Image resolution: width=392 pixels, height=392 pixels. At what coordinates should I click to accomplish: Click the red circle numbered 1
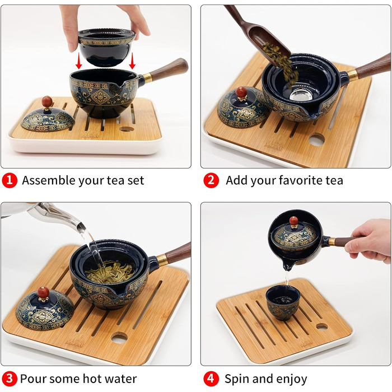[10, 181]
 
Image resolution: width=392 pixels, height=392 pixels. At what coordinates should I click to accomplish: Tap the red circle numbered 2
[211, 181]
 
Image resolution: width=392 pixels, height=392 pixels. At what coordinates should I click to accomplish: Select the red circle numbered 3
[10, 379]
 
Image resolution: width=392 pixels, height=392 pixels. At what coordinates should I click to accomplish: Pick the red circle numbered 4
[211, 379]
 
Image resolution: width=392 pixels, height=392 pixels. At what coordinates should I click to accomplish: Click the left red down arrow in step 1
[79, 60]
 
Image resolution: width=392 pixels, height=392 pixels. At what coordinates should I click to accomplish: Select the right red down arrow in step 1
[132, 60]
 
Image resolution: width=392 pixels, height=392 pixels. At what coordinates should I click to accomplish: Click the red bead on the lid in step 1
[47, 101]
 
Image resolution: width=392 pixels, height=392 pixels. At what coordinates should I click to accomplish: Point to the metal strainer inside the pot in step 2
[301, 94]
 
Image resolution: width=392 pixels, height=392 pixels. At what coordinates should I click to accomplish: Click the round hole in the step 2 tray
[316, 139]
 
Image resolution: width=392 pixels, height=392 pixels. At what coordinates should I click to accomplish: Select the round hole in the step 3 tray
[119, 338]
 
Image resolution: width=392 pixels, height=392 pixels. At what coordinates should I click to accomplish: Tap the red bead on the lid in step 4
[294, 221]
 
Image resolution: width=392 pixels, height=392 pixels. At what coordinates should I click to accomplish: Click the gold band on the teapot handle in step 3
[162, 260]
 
